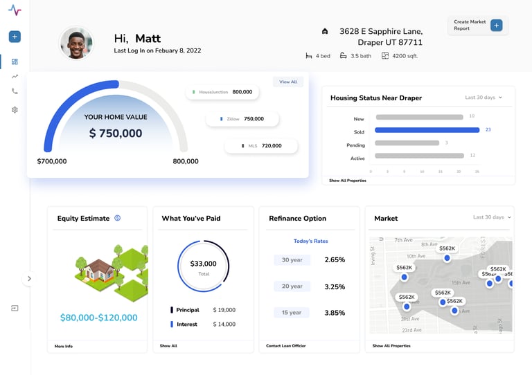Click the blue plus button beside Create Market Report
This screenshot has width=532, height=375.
pos(496,26)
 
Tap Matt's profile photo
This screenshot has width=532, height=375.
pos(76,44)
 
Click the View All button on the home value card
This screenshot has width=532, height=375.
pos(288,82)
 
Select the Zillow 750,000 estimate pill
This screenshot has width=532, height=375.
pos(242,119)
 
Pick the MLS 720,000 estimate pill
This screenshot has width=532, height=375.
pos(261,146)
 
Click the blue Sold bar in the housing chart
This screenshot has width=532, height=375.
pos(427,129)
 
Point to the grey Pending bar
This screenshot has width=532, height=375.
pos(407,143)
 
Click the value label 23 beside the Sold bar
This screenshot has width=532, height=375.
pos(488,129)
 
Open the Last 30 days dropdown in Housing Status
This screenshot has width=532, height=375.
pos(484,98)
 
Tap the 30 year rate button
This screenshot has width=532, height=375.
pos(292,260)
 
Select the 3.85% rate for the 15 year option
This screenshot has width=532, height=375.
pos(335,313)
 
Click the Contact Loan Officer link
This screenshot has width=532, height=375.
pos(285,345)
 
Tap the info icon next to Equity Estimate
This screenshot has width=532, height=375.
pos(118,218)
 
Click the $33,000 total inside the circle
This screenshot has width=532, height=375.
pos(203,264)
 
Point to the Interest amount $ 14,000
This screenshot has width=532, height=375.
pos(224,324)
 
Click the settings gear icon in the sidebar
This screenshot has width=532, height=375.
pos(15,110)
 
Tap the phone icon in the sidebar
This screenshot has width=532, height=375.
pos(15,91)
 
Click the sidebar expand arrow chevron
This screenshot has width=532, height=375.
pos(29,279)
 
